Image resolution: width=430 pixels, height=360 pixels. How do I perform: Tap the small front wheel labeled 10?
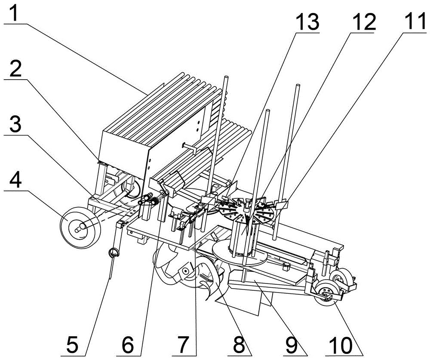[x=326, y=294]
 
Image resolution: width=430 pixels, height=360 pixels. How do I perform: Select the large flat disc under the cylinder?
[x=240, y=253]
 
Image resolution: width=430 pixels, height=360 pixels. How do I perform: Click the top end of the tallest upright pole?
[x=226, y=77]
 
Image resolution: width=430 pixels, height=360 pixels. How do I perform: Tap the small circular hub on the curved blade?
[x=186, y=271]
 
